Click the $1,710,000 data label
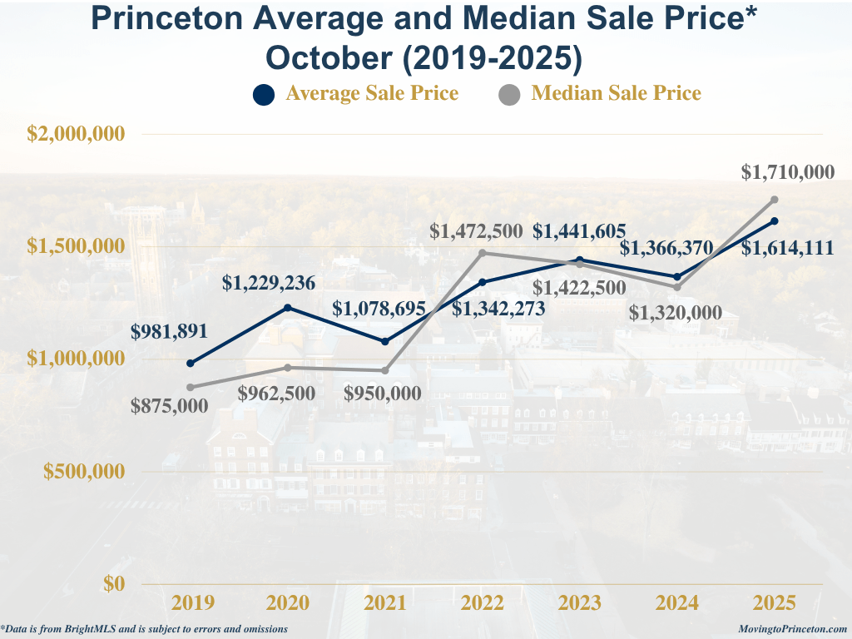pos(787,172)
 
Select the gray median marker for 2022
pos(483,253)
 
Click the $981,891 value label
pos(169,330)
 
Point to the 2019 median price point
pos(191,387)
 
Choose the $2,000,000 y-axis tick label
pos(76,134)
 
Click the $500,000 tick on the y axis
pos(83,471)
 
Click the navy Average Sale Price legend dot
pos(263,94)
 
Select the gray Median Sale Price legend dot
pos(509,94)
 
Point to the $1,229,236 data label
pos(269,283)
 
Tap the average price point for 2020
pos(288,308)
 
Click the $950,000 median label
pos(383,394)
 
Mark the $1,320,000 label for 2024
pos(672,313)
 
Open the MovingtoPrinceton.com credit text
pos(792,630)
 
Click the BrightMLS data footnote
pos(145,630)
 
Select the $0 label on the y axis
pos(114,583)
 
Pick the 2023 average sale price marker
pos(580,260)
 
